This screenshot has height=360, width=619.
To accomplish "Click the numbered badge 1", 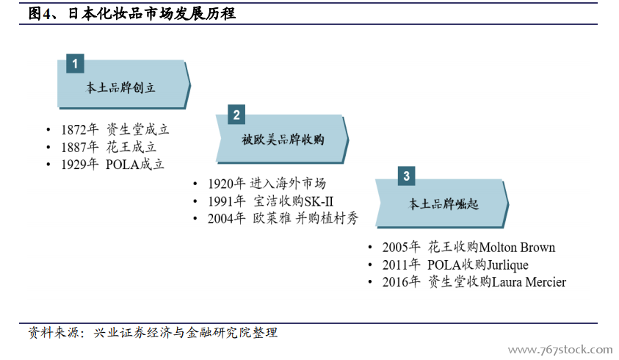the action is pos(75,63).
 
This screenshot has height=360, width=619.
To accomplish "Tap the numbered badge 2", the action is pos(236,115).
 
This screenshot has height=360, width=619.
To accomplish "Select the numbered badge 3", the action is pos(406,176).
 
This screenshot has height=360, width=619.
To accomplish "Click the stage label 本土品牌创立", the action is pos(120,87).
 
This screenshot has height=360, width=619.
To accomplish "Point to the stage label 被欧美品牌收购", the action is pos(283,139).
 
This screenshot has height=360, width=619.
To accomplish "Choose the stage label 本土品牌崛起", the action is pos(443,204).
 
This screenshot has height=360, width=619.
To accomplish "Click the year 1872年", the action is pos(80,129).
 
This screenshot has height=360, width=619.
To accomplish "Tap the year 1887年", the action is pos(80,147).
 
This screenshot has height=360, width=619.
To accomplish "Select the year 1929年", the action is pos(80,164).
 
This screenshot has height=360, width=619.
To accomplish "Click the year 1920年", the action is pos(227,184).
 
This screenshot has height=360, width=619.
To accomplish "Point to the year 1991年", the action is pos(227,201).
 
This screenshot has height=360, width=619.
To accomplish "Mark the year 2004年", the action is pos(227,218).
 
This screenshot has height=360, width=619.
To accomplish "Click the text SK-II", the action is pos(319,201).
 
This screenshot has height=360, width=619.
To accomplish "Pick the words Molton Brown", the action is pos(517,248).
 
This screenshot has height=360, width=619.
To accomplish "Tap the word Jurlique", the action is pos(507,264).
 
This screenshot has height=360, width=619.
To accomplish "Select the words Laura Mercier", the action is pos(529,282).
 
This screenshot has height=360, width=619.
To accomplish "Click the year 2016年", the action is pos(401,282).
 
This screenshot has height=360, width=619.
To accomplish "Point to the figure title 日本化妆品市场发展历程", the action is pos(152,14).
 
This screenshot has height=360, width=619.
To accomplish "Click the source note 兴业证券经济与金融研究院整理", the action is pos(186,333).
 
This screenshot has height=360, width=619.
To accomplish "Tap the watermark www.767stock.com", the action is pos(560,350).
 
